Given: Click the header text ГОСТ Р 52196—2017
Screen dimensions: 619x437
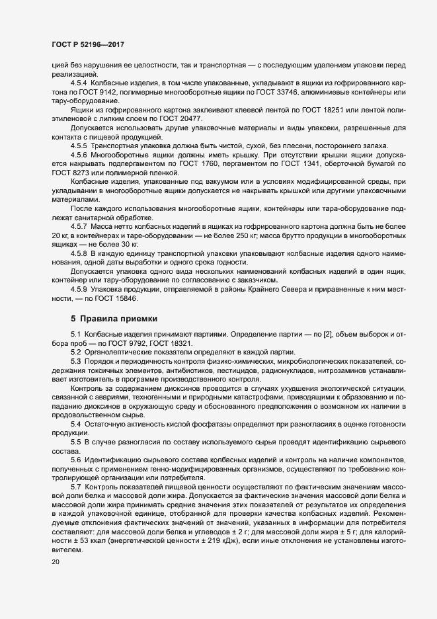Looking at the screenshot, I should pyautogui.click(x=87, y=44).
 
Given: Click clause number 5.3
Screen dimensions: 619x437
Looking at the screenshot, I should pyautogui.click(x=76, y=360).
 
